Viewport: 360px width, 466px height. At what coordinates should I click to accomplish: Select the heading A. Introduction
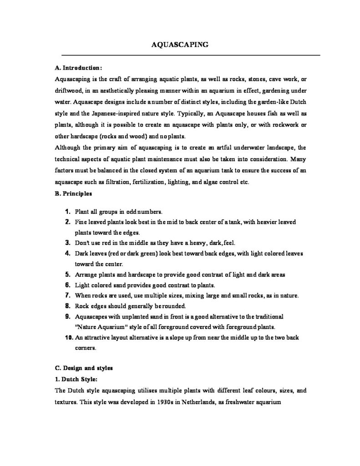(x=75, y=68)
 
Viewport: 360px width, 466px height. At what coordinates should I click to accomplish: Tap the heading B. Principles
(x=73, y=193)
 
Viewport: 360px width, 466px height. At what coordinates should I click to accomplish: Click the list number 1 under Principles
(x=67, y=212)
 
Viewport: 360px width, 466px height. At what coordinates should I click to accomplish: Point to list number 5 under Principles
(x=67, y=274)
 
